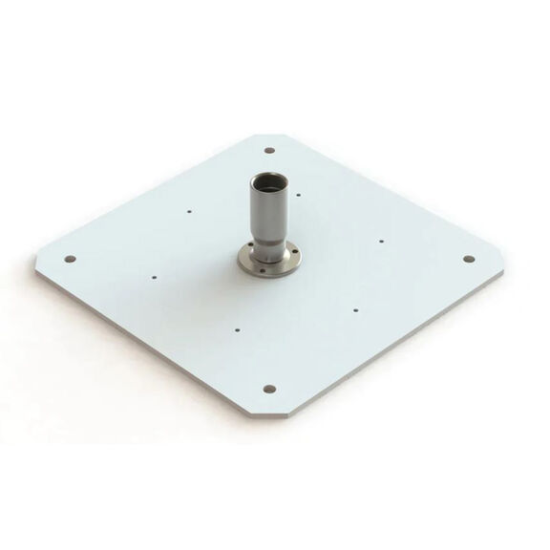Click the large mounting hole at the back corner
click(269, 150)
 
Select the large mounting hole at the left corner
click(70, 258)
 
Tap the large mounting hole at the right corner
click(469, 259)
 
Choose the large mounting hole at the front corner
click(268, 389)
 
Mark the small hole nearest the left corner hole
click(154, 278)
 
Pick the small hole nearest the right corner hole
click(381, 241)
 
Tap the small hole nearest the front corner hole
click(236, 330)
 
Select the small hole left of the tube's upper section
click(190, 211)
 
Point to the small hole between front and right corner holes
click(354, 308)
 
